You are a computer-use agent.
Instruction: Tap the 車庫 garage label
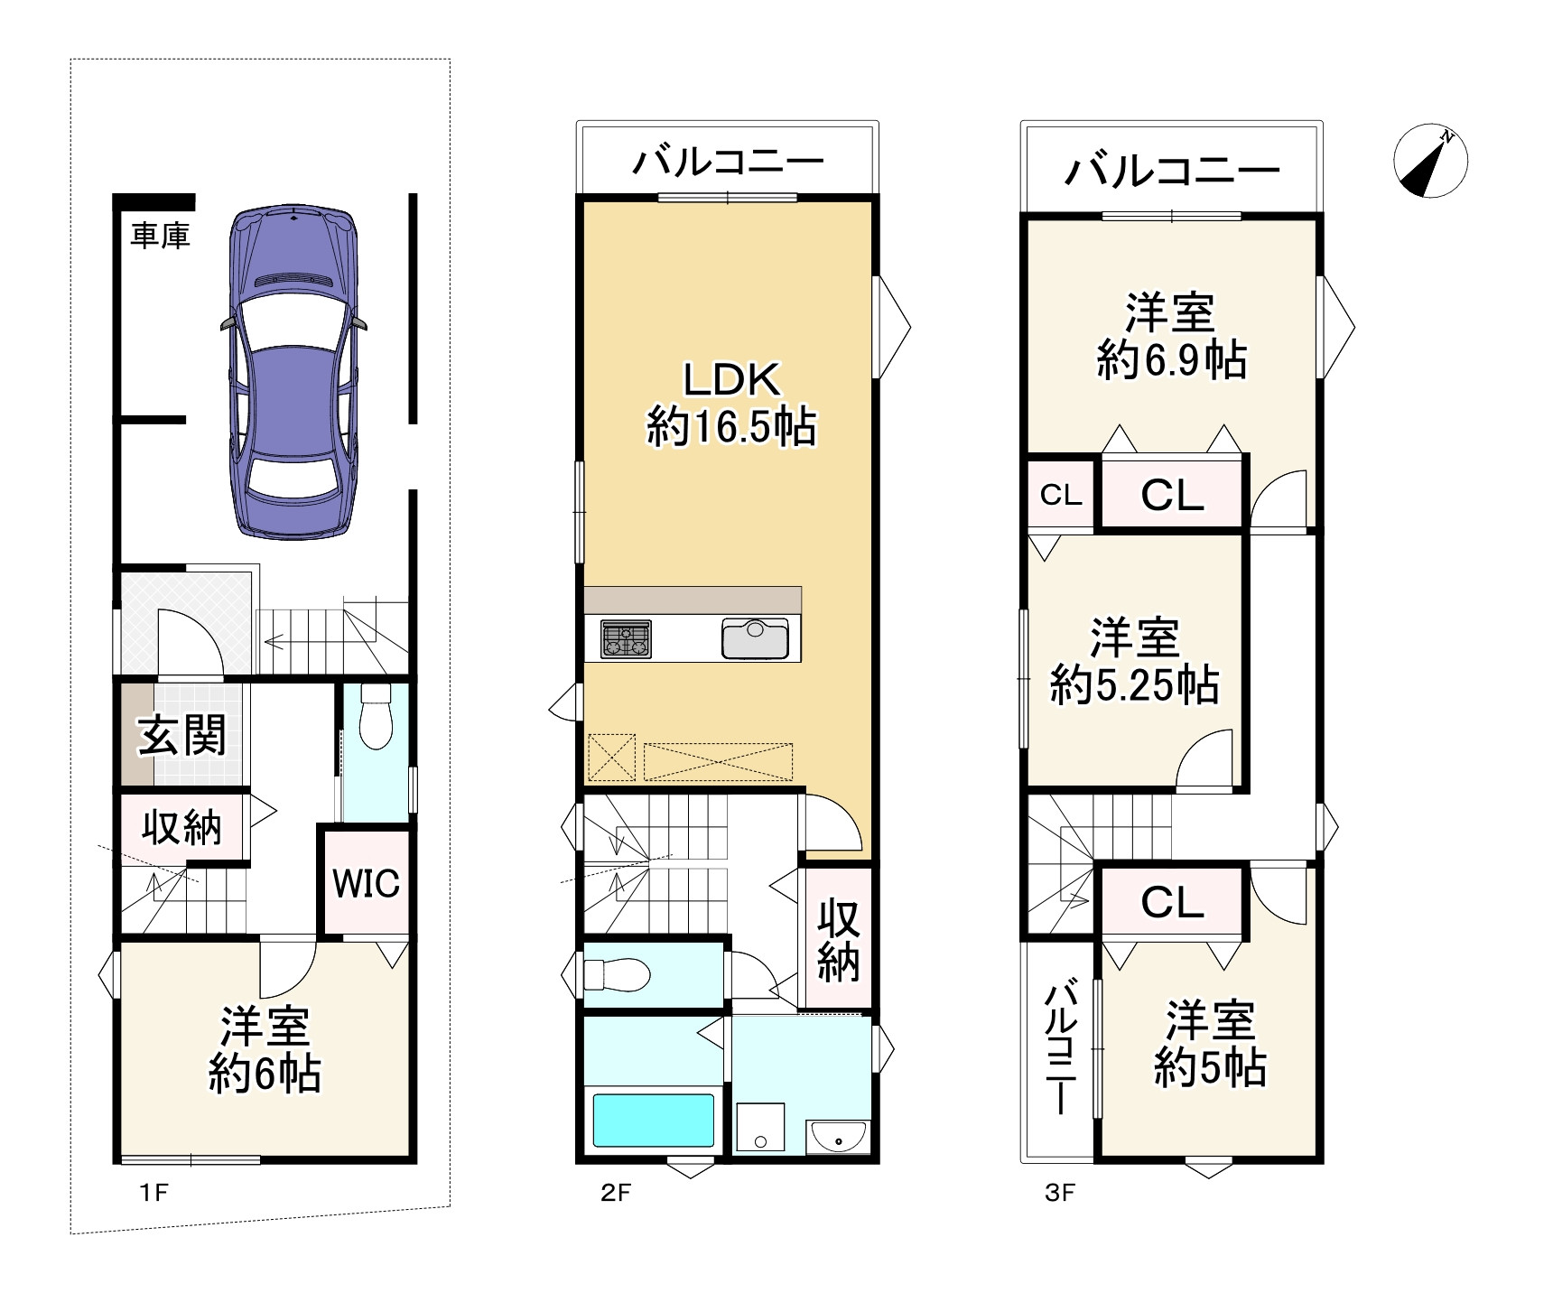[160, 237]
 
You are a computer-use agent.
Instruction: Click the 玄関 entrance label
[181, 736]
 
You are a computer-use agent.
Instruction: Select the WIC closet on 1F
[366, 883]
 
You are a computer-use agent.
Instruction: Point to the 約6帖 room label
[265, 1074]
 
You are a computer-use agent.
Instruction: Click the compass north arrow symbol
[1430, 162]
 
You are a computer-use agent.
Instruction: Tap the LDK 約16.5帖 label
[731, 404]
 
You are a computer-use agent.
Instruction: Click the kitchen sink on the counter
[755, 639]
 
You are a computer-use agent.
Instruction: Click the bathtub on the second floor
[654, 1121]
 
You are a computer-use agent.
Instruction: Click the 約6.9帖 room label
[1171, 359]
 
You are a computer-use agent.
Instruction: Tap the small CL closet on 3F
[1061, 495]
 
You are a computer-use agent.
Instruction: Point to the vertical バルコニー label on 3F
[1061, 1047]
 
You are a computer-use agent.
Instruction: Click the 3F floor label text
[1060, 1193]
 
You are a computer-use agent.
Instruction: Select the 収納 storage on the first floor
[181, 826]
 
